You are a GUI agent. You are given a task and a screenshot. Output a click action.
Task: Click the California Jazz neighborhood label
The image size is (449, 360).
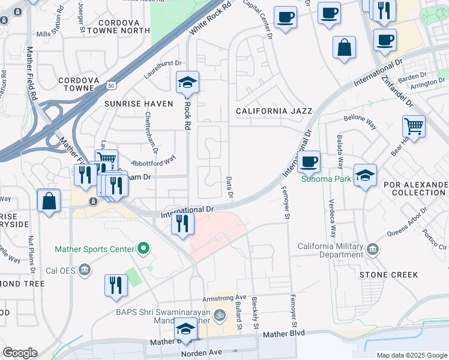pos(274,111)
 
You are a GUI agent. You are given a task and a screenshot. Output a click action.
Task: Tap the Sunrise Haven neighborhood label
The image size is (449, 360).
pos(139,104)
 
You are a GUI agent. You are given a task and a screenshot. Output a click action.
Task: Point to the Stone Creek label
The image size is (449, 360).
pos(388,275)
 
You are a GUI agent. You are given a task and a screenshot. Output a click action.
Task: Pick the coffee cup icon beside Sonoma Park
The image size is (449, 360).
pos(309,161)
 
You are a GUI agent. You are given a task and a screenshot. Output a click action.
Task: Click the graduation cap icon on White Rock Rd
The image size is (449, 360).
pos(188,82)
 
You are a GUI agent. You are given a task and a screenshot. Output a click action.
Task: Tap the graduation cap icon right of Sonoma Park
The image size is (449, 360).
pos(365,175)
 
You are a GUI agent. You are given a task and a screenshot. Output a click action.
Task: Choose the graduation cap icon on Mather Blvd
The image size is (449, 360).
pos(185,330)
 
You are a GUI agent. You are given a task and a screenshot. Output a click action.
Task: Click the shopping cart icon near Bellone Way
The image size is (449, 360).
pos(414,126)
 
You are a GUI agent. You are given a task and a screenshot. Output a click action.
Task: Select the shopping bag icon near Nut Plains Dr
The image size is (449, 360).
pos(49,200)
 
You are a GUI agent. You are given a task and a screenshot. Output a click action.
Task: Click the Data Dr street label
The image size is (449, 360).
pos(229,188)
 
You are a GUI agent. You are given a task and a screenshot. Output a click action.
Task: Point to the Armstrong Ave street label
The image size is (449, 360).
pos(224,297)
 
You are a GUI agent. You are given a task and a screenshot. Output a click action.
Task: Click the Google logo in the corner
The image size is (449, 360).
pos(19,353)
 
